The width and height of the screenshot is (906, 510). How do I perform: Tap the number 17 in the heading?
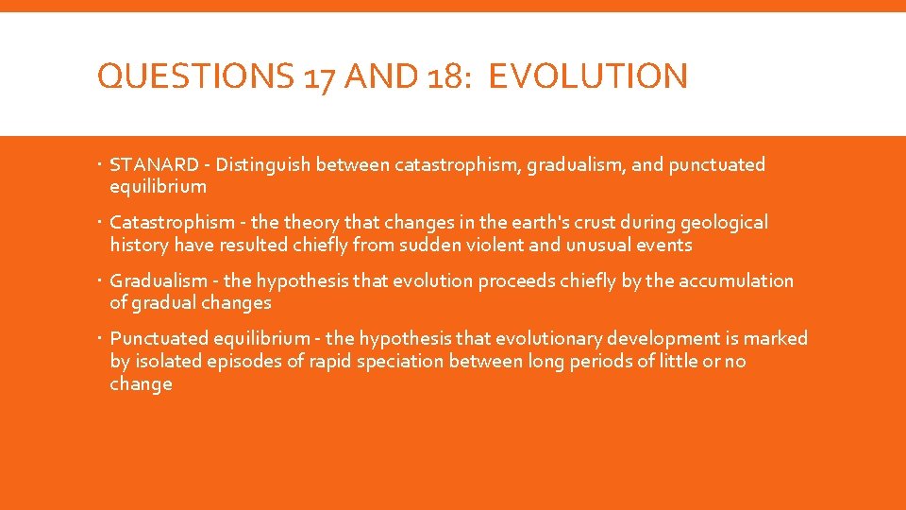point(321,76)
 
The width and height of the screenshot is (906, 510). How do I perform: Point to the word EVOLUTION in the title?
point(589,76)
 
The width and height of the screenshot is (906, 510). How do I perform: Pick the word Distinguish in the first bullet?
point(263,165)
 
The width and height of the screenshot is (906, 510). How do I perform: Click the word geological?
point(719,223)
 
